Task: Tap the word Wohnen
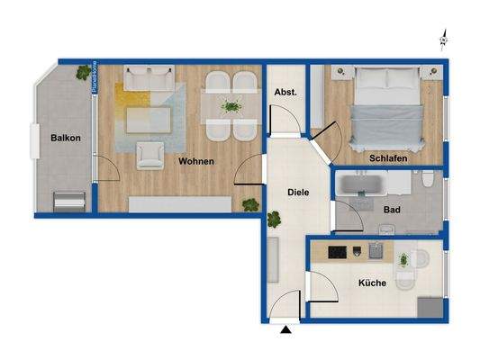195,161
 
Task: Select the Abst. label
285,92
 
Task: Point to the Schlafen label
388,157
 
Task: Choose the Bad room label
391,210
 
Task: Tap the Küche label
372,282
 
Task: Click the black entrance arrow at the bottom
286,332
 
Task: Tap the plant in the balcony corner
84,70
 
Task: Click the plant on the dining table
231,106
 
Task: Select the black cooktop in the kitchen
339,251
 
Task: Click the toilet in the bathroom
430,186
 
